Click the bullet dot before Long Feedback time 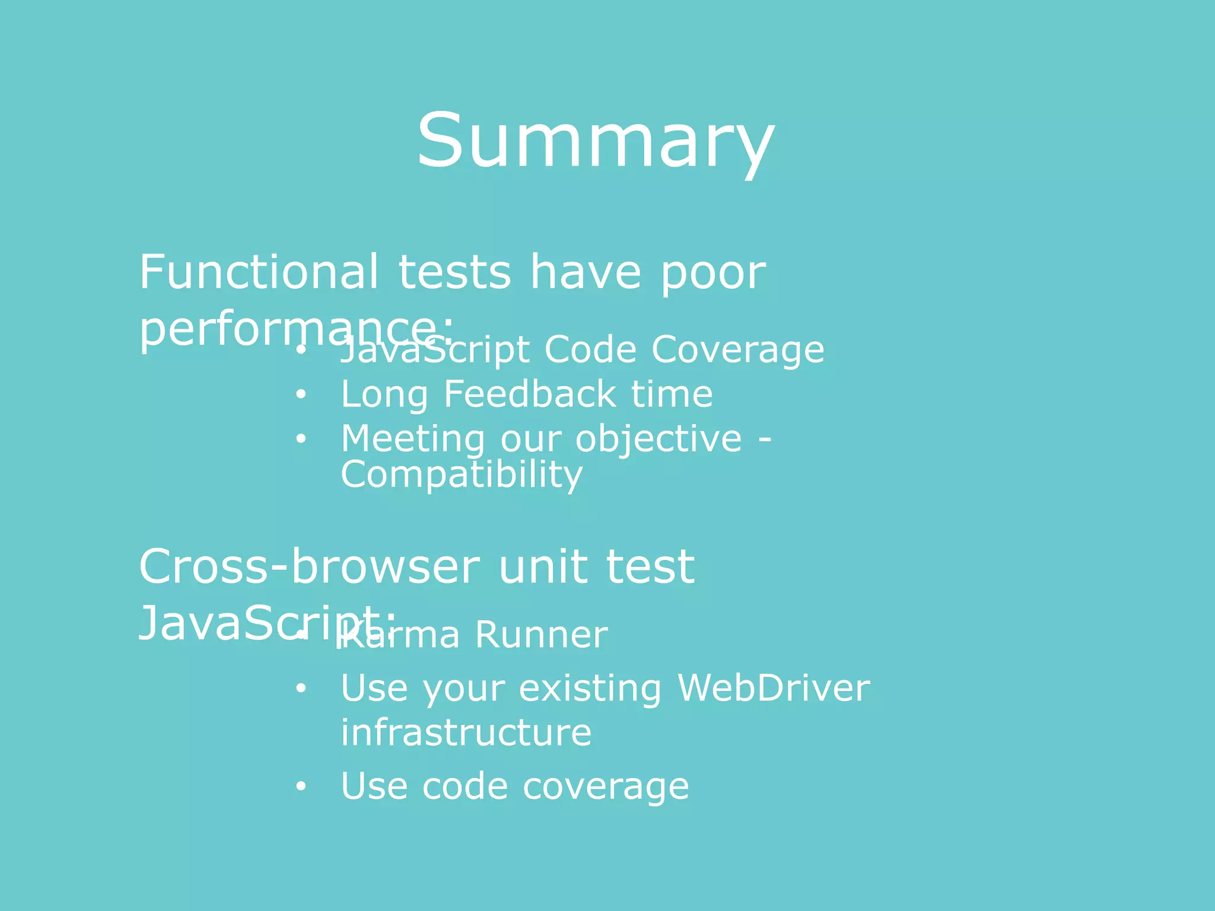tap(301, 394)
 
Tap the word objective tap(659, 439)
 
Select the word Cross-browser tap(309, 567)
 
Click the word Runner tap(541, 635)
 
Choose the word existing tap(590, 689)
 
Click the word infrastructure tap(466, 732)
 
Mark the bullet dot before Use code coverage tap(301, 786)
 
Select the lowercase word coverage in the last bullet tap(606, 787)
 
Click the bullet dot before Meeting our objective tap(301, 439)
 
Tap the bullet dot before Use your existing tap(301, 689)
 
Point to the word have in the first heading tap(585, 272)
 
